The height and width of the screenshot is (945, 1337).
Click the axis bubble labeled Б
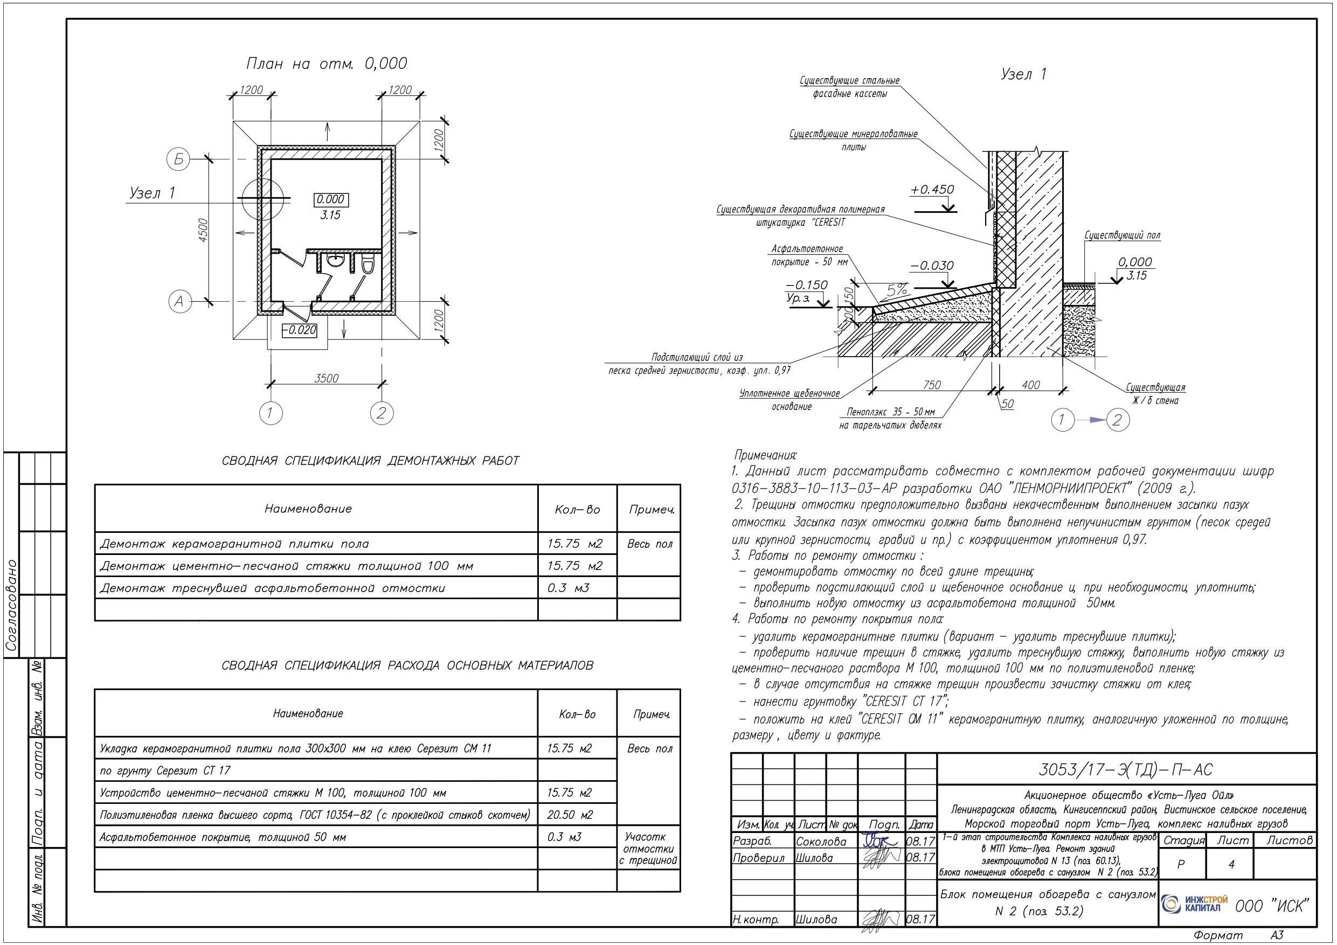(x=179, y=159)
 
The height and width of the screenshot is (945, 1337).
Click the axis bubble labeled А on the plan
(x=179, y=302)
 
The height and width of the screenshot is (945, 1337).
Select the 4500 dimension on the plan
(x=202, y=231)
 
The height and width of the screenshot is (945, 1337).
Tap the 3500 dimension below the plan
(x=326, y=378)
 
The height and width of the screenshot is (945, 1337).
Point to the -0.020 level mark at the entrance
(x=300, y=330)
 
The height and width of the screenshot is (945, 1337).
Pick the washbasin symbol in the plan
(x=335, y=260)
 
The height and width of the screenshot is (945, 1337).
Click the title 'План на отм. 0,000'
(x=326, y=64)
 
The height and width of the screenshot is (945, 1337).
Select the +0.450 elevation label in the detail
(x=932, y=190)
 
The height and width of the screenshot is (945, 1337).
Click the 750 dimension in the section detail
(x=932, y=385)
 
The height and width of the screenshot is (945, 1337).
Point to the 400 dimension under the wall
(x=1030, y=385)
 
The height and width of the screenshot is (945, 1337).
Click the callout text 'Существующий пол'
(x=1122, y=235)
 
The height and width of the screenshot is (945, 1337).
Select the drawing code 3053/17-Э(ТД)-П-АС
(x=1126, y=770)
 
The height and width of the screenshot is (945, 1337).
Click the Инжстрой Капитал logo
(x=1194, y=904)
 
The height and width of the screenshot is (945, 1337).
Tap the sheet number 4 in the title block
(x=1231, y=865)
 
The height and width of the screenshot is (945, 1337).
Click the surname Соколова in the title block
(x=821, y=842)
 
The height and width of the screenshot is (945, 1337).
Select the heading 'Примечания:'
(x=765, y=455)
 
